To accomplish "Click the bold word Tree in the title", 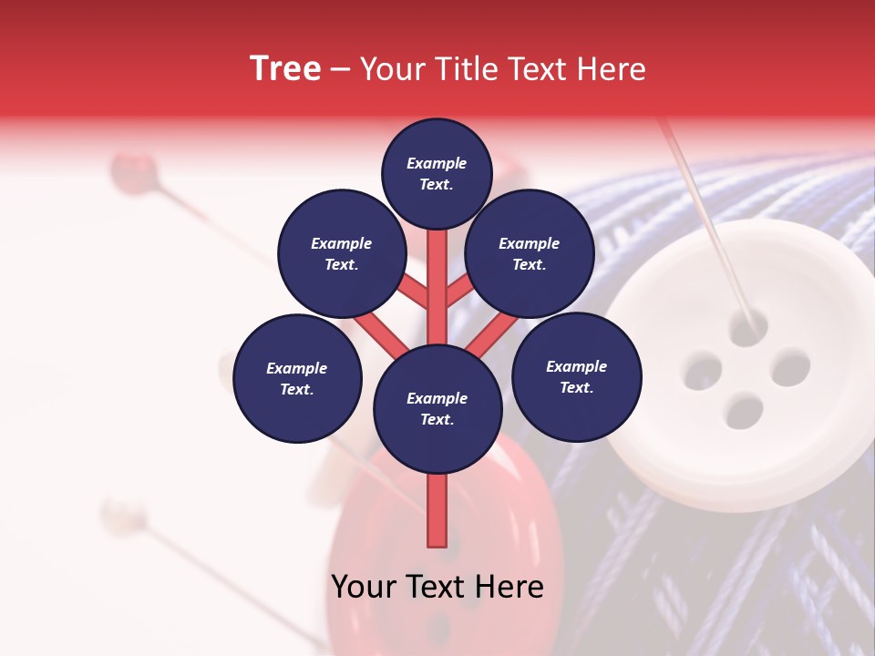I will coord(285,69).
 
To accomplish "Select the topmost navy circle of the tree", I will coord(437,173).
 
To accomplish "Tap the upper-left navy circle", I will coord(341,253).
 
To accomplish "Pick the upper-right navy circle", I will coord(529,253).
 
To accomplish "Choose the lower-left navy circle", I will coord(297,378).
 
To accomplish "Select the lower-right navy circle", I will coord(576,376).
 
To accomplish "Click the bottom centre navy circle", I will coord(437,408).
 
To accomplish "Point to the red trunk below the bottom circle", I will coord(437,510).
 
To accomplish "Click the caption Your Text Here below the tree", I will coord(437,587).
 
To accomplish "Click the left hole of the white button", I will coord(703,373).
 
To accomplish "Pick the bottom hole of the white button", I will coord(744,411).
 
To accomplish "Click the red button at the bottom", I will coord(447,556).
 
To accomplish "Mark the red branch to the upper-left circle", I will coord(413,292).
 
